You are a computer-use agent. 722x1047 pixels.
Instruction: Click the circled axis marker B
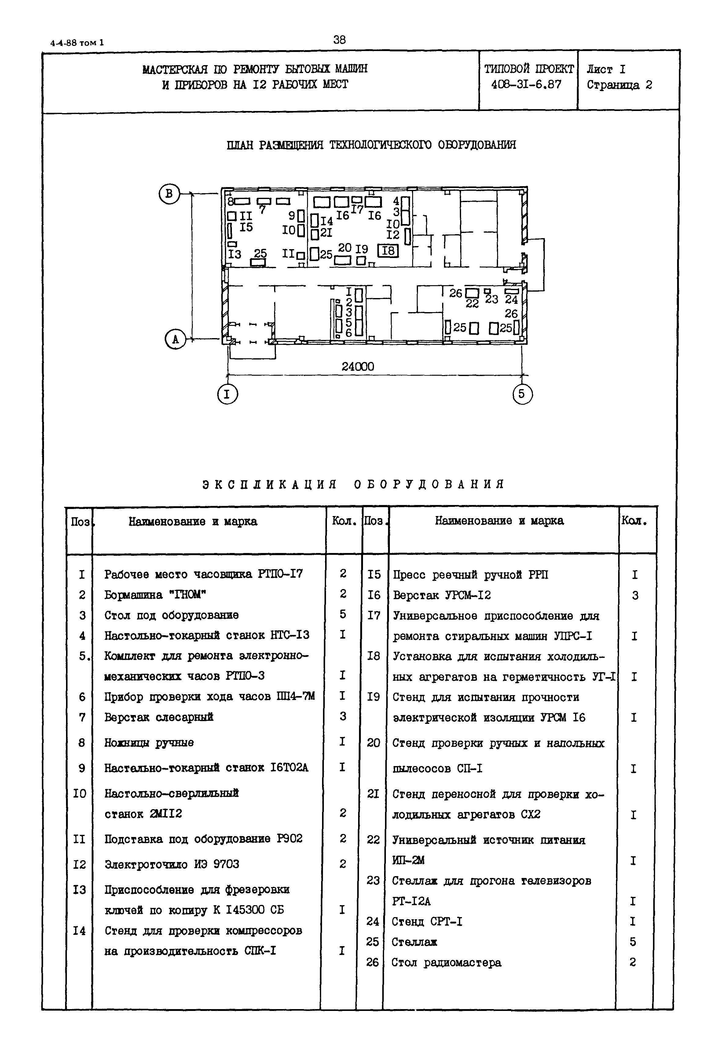click(169, 194)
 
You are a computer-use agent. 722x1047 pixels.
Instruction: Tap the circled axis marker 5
click(522, 394)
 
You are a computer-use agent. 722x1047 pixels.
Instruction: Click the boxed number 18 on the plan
click(388, 250)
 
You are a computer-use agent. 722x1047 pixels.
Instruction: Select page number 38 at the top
click(339, 40)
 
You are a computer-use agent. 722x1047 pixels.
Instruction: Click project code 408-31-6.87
click(526, 85)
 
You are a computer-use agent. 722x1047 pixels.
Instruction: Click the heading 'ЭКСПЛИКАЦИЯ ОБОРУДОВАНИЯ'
click(353, 484)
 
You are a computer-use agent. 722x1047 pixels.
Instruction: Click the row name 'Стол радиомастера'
click(446, 962)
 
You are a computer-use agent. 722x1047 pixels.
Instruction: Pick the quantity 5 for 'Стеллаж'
click(632, 942)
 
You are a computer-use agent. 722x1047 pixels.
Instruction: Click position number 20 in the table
click(373, 743)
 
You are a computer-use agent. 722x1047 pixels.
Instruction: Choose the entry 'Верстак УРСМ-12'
click(442, 595)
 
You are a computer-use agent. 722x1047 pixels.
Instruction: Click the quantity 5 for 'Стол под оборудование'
click(343, 614)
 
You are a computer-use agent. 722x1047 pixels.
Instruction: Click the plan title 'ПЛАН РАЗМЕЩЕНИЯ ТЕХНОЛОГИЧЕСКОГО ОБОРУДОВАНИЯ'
click(371, 145)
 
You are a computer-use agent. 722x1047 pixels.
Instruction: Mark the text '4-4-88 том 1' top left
click(77, 43)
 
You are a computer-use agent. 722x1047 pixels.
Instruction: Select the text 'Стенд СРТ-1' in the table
click(427, 921)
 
